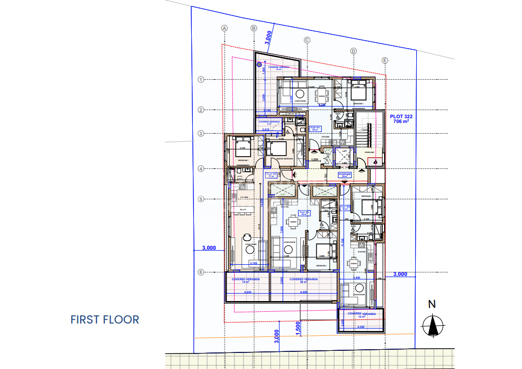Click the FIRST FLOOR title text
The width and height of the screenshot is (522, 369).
(105, 320)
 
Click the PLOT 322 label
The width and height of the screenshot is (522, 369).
(401, 119)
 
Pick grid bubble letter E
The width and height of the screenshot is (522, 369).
(385, 60)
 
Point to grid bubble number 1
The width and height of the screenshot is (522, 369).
(201, 80)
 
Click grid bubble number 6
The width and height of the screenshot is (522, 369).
(201, 272)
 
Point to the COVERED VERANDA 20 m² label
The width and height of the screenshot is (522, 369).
(303, 280)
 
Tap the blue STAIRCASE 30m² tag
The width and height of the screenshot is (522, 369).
(345, 174)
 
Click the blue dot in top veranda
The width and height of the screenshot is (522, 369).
(260, 65)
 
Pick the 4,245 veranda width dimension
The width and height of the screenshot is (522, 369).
(247, 293)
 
